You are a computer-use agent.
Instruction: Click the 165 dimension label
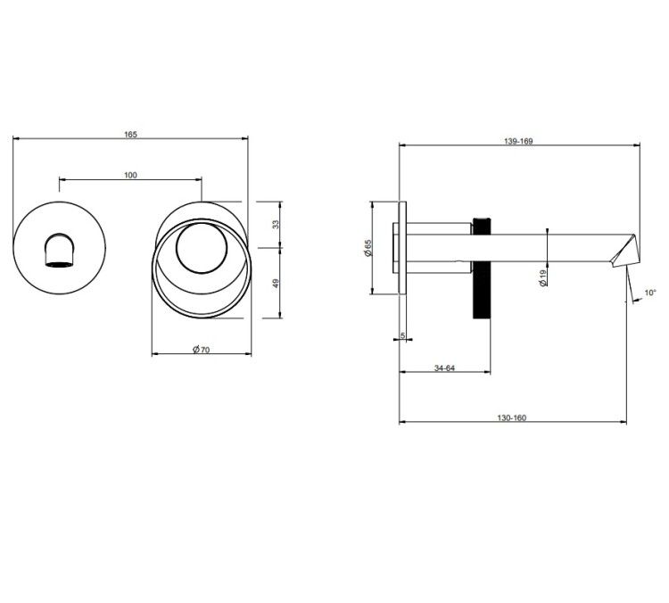click(130, 135)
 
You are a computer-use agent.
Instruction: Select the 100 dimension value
click(130, 175)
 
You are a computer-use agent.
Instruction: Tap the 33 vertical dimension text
click(276, 224)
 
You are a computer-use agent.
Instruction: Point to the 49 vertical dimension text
click(276, 283)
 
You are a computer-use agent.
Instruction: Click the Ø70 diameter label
click(201, 350)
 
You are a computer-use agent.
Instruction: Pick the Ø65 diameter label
click(368, 247)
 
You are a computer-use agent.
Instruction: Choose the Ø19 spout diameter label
click(542, 277)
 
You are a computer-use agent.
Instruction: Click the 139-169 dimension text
click(518, 141)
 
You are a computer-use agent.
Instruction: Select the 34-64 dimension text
click(444, 368)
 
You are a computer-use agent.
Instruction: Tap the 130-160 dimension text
click(512, 417)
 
